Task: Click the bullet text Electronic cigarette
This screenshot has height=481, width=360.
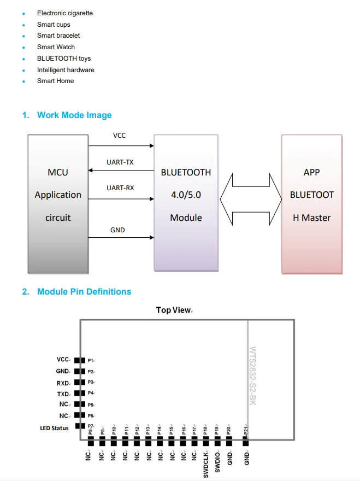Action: (x=64, y=13)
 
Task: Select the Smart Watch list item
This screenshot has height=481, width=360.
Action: (x=56, y=47)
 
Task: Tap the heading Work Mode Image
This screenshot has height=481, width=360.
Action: (x=74, y=115)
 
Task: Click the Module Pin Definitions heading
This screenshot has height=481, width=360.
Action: (x=84, y=292)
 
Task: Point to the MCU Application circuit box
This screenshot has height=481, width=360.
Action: (x=58, y=203)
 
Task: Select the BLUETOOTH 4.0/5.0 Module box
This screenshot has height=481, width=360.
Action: (x=186, y=202)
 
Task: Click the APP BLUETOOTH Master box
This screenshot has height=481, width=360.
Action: (x=312, y=203)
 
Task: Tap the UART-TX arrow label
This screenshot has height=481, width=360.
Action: (x=120, y=162)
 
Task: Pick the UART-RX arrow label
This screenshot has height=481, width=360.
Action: (x=120, y=188)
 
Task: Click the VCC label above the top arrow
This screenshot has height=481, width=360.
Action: (x=119, y=136)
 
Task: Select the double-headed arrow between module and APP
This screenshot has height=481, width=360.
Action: (x=250, y=195)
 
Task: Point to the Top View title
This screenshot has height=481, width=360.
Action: (x=173, y=310)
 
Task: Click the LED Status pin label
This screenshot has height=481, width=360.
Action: (x=55, y=428)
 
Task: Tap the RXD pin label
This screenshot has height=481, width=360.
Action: (x=63, y=383)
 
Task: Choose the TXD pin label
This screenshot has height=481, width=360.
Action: (x=63, y=394)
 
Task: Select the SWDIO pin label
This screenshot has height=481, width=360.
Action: (x=217, y=462)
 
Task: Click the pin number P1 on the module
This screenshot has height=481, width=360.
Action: (x=91, y=361)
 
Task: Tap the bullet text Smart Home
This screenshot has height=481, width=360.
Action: (x=55, y=81)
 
